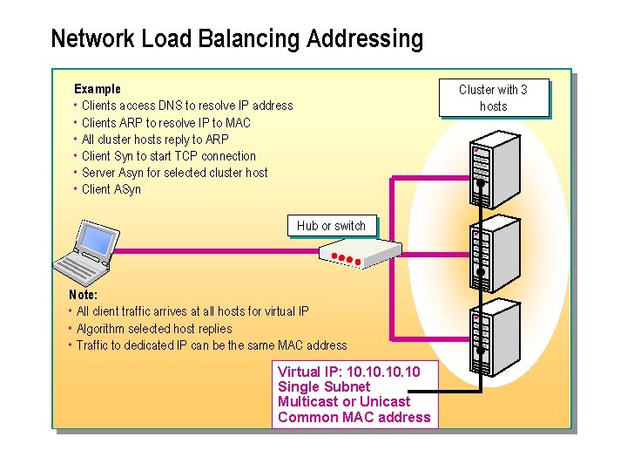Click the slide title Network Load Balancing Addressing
tap(237, 39)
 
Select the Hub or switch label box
tap(331, 226)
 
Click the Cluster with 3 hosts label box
tap(493, 98)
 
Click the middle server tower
tap(493, 253)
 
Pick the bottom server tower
tap(493, 336)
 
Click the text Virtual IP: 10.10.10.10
tap(348, 372)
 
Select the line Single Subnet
tap(323, 387)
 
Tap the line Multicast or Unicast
tap(343, 402)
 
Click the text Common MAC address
tap(354, 418)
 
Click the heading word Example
tap(98, 89)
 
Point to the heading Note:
tap(83, 295)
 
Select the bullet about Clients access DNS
tap(186, 106)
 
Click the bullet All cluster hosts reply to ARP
tap(155, 140)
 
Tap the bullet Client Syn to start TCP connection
tap(168, 156)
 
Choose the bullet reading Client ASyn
tap(111, 189)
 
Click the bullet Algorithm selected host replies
tap(154, 329)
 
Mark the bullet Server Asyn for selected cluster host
tap(174, 173)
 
